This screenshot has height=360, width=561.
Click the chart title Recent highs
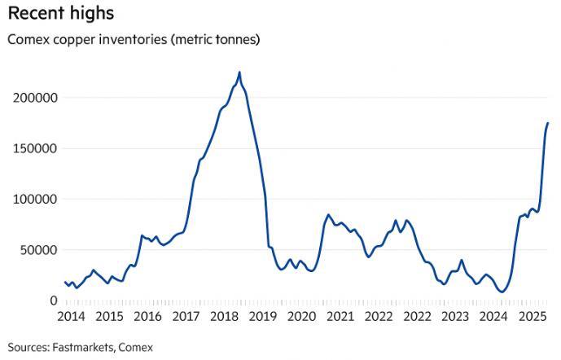(x=61, y=14)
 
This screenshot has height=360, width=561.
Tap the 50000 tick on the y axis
(x=40, y=249)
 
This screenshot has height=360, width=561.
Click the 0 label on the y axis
(x=53, y=301)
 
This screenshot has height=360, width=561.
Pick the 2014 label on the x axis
(x=71, y=315)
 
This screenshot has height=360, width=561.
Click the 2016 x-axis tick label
(x=147, y=315)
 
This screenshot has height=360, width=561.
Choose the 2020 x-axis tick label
(x=301, y=315)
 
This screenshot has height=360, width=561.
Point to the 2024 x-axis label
(x=493, y=315)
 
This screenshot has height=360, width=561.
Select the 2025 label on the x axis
(x=532, y=315)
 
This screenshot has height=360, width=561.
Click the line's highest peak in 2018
(x=239, y=72)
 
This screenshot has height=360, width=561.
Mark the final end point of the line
(x=548, y=123)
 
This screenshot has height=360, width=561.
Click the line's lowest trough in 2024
(x=503, y=292)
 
